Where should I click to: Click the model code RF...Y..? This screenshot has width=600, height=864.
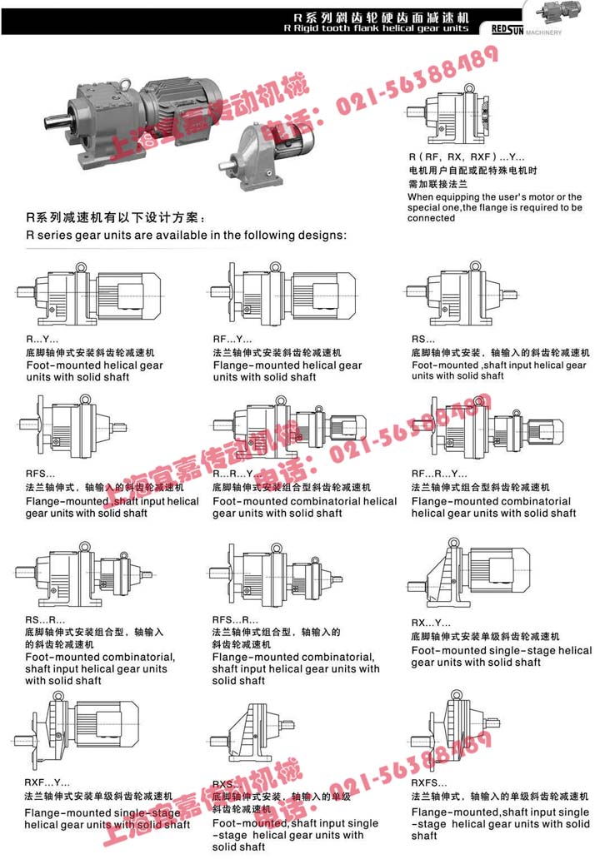pyautogui.click(x=232, y=340)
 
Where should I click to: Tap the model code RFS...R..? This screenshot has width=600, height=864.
pyautogui.click(x=235, y=619)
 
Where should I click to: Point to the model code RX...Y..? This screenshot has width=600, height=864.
pyautogui.click(x=430, y=623)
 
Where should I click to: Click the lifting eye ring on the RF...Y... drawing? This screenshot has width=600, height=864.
pyautogui.click(x=272, y=267)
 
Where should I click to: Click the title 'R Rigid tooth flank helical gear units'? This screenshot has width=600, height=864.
pyautogui.click(x=382, y=28)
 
